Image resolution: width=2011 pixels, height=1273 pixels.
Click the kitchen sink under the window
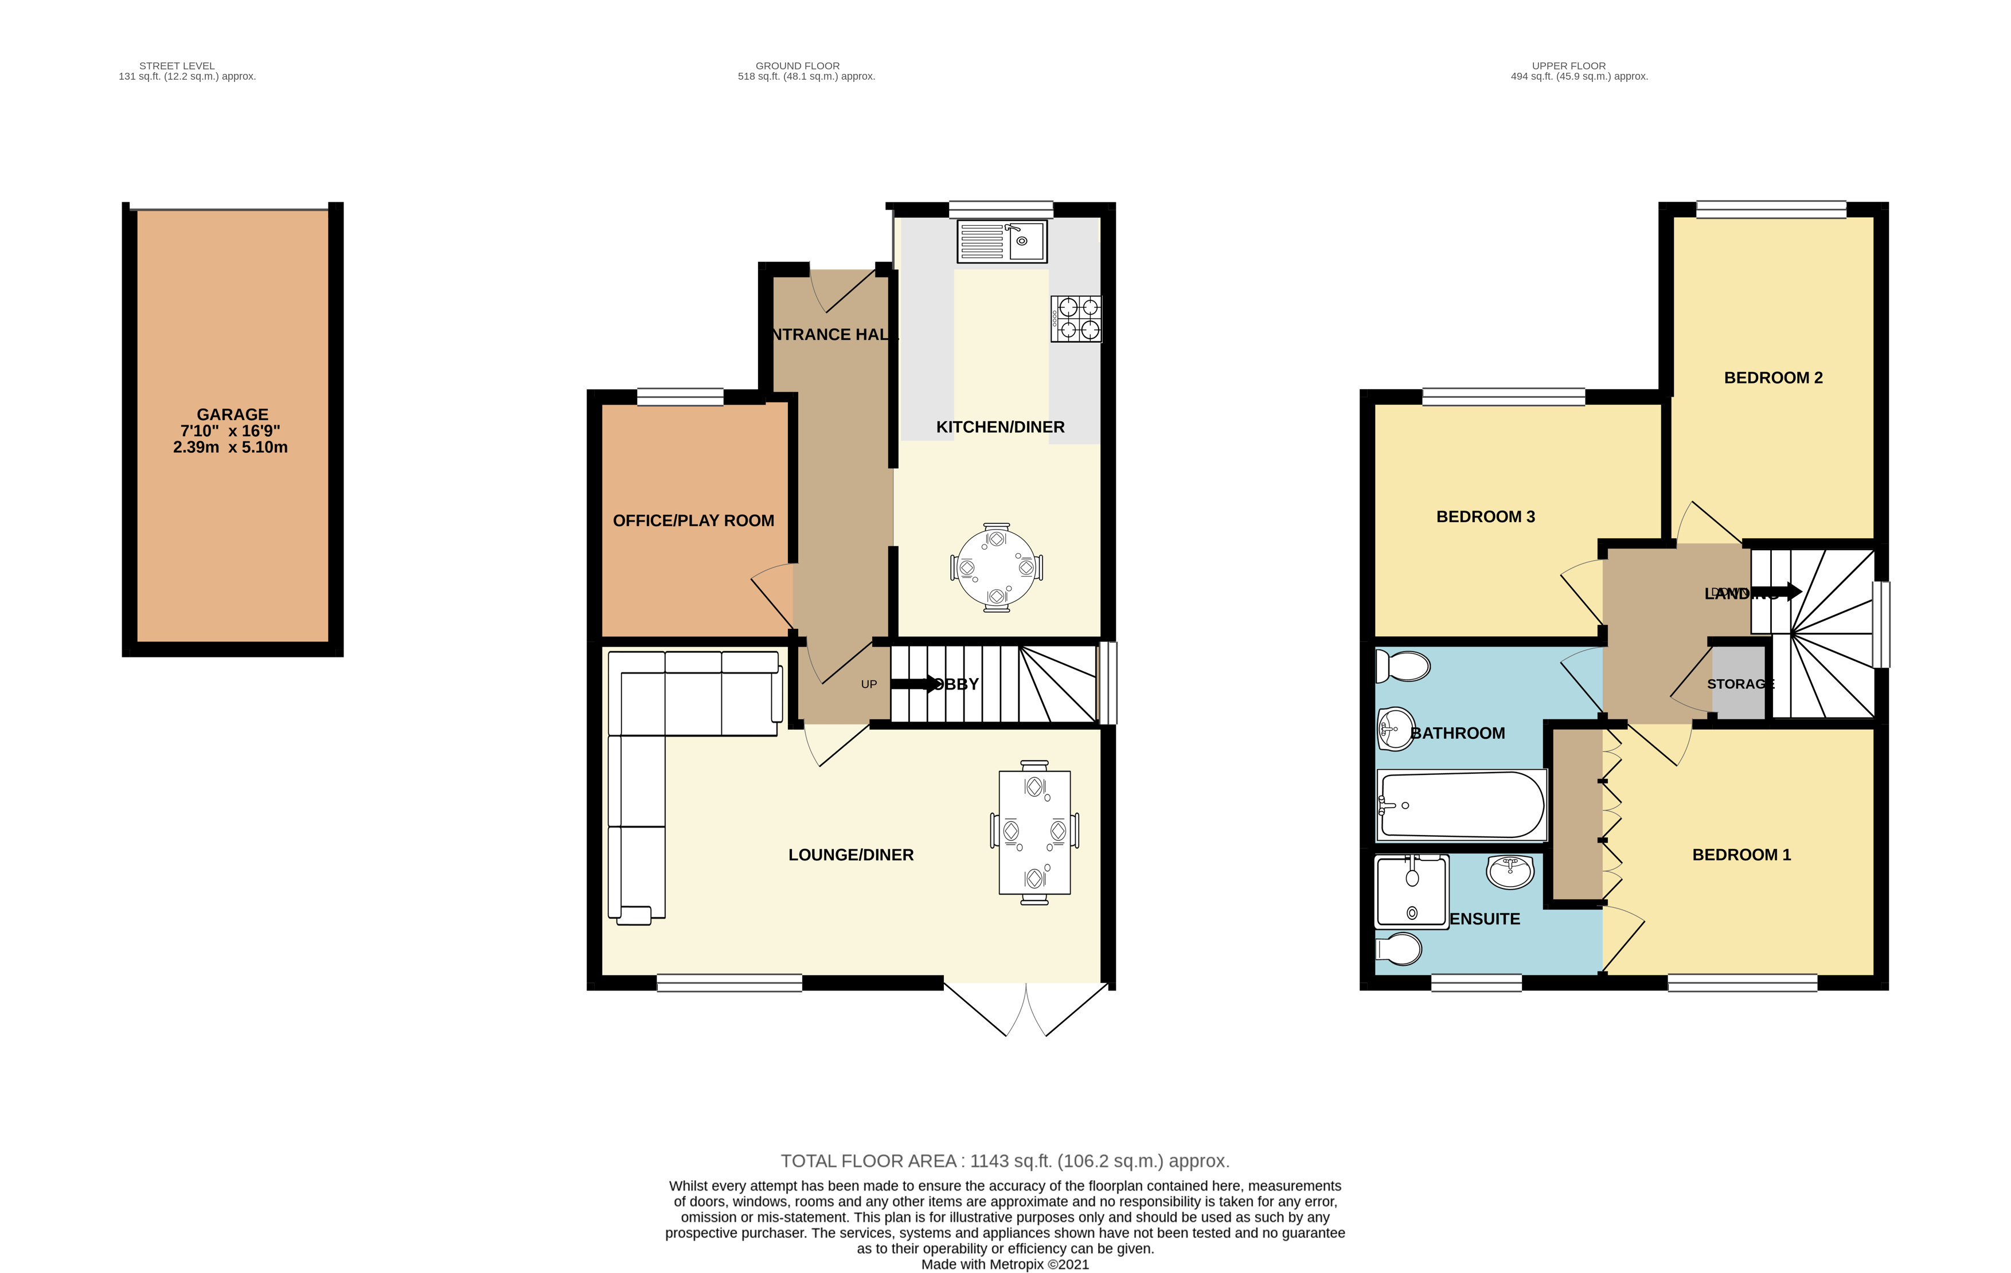point(1001,241)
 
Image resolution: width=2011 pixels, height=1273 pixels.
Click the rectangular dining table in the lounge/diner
point(1034,832)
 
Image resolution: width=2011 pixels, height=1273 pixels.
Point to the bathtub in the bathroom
point(1462,805)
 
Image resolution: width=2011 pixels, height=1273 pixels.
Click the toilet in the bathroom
point(1403,666)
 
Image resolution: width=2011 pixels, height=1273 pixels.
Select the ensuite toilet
point(1399,949)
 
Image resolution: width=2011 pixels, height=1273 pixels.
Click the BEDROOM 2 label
point(1773,377)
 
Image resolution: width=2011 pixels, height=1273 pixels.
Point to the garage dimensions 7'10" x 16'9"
point(231,430)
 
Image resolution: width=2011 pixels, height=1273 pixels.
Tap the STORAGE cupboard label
point(1740,684)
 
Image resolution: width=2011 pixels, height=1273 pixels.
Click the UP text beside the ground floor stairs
point(869,684)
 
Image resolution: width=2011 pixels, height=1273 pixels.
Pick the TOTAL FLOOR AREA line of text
point(1005,1161)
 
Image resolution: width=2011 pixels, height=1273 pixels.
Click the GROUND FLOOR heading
point(798,66)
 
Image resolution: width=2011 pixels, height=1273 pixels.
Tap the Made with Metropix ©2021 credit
point(1005,1264)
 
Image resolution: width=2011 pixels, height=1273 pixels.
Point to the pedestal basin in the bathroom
point(1396,728)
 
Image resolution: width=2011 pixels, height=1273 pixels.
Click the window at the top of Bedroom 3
point(1504,397)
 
